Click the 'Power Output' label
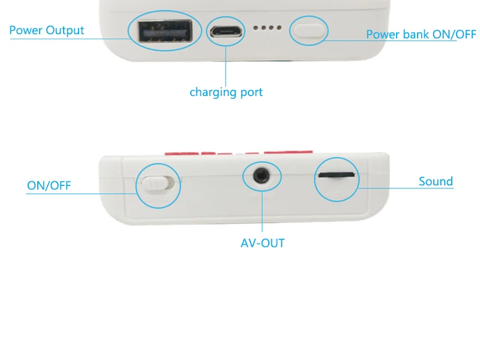pyautogui.click(x=47, y=31)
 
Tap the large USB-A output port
pyautogui.click(x=165, y=31)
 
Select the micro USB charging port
pyautogui.click(x=226, y=31)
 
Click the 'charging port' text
pyautogui.click(x=226, y=92)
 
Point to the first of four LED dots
pyautogui.click(x=256, y=28)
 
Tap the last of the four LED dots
pyautogui.click(x=279, y=28)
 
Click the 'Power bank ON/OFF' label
pyautogui.click(x=421, y=34)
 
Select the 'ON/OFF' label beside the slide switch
pyautogui.click(x=49, y=185)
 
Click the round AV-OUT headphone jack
pyautogui.click(x=262, y=176)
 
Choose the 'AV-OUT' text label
pyautogui.click(x=263, y=244)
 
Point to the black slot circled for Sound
pyautogui.click(x=337, y=175)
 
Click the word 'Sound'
pyautogui.click(x=436, y=182)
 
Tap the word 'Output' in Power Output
pyautogui.click(x=65, y=31)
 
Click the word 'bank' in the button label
pyautogui.click(x=416, y=34)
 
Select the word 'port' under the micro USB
pyautogui.click(x=251, y=93)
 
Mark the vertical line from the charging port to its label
pyautogui.click(x=226, y=66)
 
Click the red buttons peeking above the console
pyautogui.click(x=239, y=152)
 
